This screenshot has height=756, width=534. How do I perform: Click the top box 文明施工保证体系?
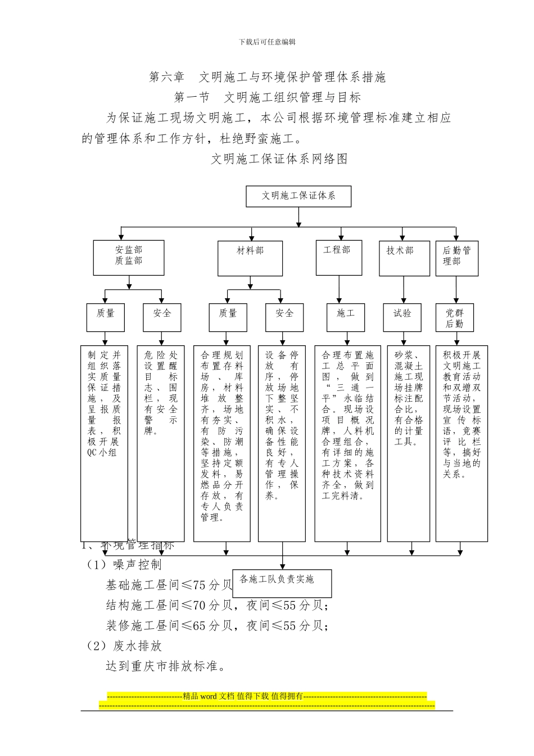[298, 196]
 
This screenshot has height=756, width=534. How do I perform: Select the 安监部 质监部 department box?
[129, 258]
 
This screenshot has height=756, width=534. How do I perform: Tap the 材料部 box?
[250, 258]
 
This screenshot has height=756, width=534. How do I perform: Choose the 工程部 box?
[338, 257]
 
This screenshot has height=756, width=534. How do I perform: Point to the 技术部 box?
[404, 258]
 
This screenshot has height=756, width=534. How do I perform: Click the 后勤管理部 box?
[456, 258]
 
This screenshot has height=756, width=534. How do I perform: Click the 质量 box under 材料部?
[228, 317]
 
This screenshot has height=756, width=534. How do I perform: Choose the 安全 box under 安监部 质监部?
[162, 317]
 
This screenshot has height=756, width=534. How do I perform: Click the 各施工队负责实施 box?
[282, 583]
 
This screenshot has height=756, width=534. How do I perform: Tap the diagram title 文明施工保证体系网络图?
[279, 159]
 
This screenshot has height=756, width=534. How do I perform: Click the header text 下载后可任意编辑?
[267, 42]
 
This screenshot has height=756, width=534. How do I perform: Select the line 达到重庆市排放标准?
[166, 667]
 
